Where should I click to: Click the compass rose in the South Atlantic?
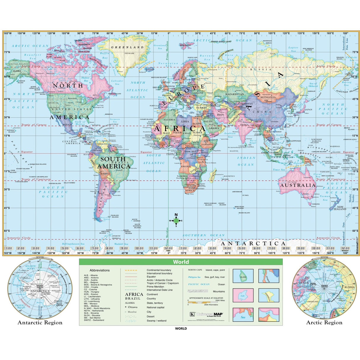coord(176,221)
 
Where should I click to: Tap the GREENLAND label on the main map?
coord(127,47)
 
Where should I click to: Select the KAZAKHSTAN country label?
coord(235,94)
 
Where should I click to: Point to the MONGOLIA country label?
coord(268,97)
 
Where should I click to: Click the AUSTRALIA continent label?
coord(298,185)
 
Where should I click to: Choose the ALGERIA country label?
coord(169,120)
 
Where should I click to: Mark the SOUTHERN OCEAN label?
coord(203,235)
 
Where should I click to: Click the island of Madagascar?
coord(213,175)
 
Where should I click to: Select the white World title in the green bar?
coord(181,262)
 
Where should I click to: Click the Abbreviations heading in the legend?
coord(100,270)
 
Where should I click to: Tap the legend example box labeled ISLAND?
coord(243,276)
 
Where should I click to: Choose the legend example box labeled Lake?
coord(243,295)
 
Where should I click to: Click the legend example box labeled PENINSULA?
coord(269,295)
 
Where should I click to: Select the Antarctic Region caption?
coord(40,323)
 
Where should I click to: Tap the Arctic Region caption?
coord(324,323)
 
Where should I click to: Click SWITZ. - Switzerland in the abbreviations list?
coord(94,320)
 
